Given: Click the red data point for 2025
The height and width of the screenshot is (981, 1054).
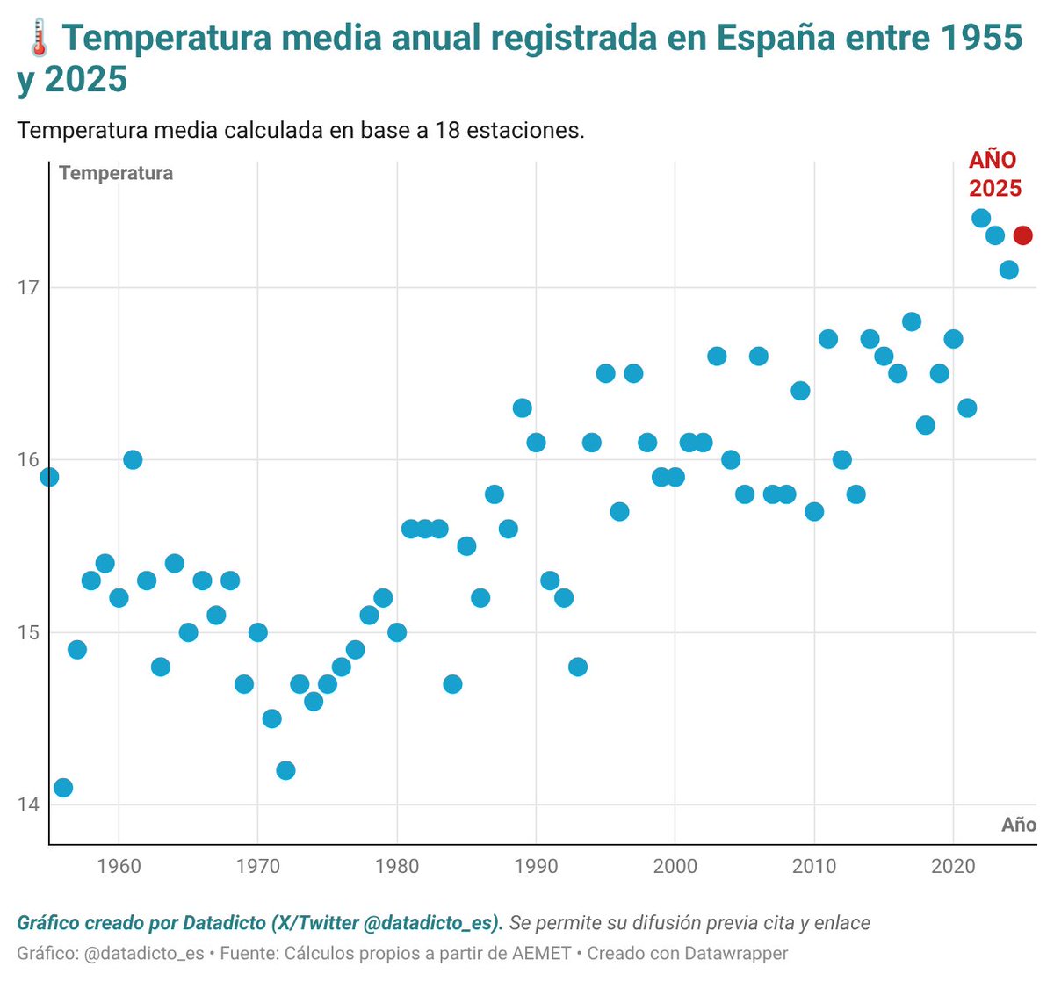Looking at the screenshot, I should (1022, 235).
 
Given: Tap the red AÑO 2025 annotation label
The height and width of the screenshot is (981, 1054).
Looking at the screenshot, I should (995, 174).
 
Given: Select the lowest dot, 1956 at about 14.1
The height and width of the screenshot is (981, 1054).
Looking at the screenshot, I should (63, 788).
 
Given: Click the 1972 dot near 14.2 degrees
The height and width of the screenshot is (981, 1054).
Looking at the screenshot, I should (285, 770).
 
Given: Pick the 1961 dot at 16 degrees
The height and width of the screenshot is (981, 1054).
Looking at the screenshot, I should (133, 459).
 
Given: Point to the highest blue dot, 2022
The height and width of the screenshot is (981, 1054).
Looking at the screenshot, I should (981, 218).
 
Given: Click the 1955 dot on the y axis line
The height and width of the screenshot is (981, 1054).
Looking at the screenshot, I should (49, 477).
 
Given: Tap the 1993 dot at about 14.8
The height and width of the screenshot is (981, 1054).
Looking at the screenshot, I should (578, 667).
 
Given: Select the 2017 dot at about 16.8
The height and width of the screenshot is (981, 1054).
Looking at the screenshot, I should (912, 321).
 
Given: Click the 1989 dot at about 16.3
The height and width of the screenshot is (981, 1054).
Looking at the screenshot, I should (522, 408).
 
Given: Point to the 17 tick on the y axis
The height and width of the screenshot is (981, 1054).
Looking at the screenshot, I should (28, 288).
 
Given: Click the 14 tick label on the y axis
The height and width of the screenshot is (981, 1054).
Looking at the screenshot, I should (28, 804).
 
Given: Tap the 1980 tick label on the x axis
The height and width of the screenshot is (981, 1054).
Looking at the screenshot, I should (397, 867).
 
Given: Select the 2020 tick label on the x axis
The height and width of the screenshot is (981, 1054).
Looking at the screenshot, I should (953, 867).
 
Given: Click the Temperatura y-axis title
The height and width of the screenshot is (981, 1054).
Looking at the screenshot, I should (116, 173).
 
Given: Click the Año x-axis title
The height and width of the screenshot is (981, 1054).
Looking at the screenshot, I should (1019, 825).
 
